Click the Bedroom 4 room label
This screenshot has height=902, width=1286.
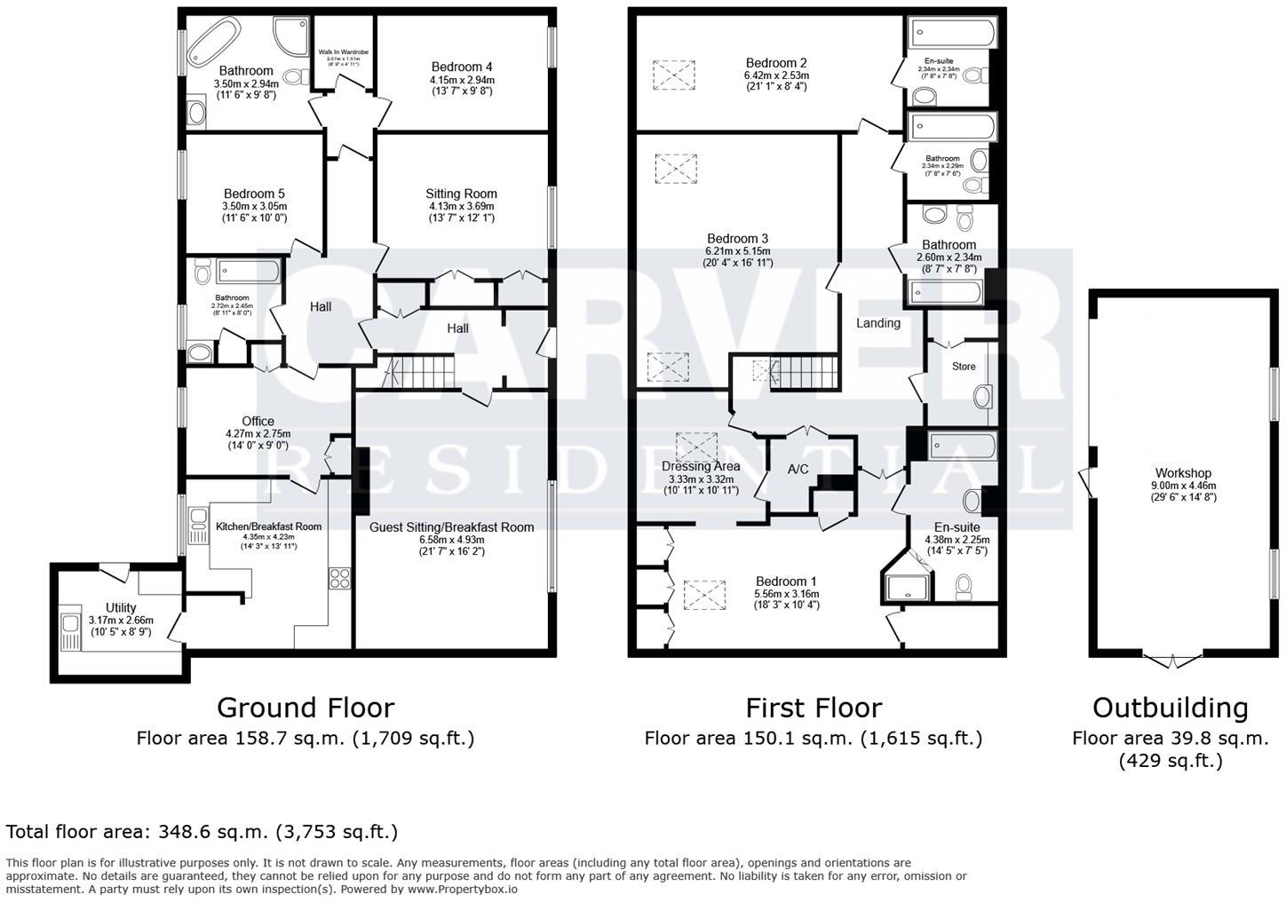[x=462, y=67]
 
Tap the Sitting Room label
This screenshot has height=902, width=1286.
[x=461, y=194]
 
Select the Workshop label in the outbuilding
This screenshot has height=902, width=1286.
[x=1183, y=473]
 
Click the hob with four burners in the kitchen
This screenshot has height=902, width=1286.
[x=340, y=578]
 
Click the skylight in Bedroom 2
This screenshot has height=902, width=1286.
[x=674, y=75]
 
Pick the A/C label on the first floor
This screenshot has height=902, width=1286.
[x=798, y=469]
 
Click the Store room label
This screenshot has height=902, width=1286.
[x=964, y=367]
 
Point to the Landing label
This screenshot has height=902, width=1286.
[x=877, y=323]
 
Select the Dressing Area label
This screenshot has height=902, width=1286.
[x=701, y=466]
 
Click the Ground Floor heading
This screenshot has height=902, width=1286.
[x=305, y=708]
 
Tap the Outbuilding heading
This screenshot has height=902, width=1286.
[x=1170, y=708]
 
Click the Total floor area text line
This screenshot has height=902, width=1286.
[x=202, y=832]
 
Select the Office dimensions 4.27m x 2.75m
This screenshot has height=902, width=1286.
[x=258, y=434]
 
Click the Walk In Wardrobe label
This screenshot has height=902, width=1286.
[x=343, y=53]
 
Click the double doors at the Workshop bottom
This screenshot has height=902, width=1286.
[x=1171, y=661]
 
